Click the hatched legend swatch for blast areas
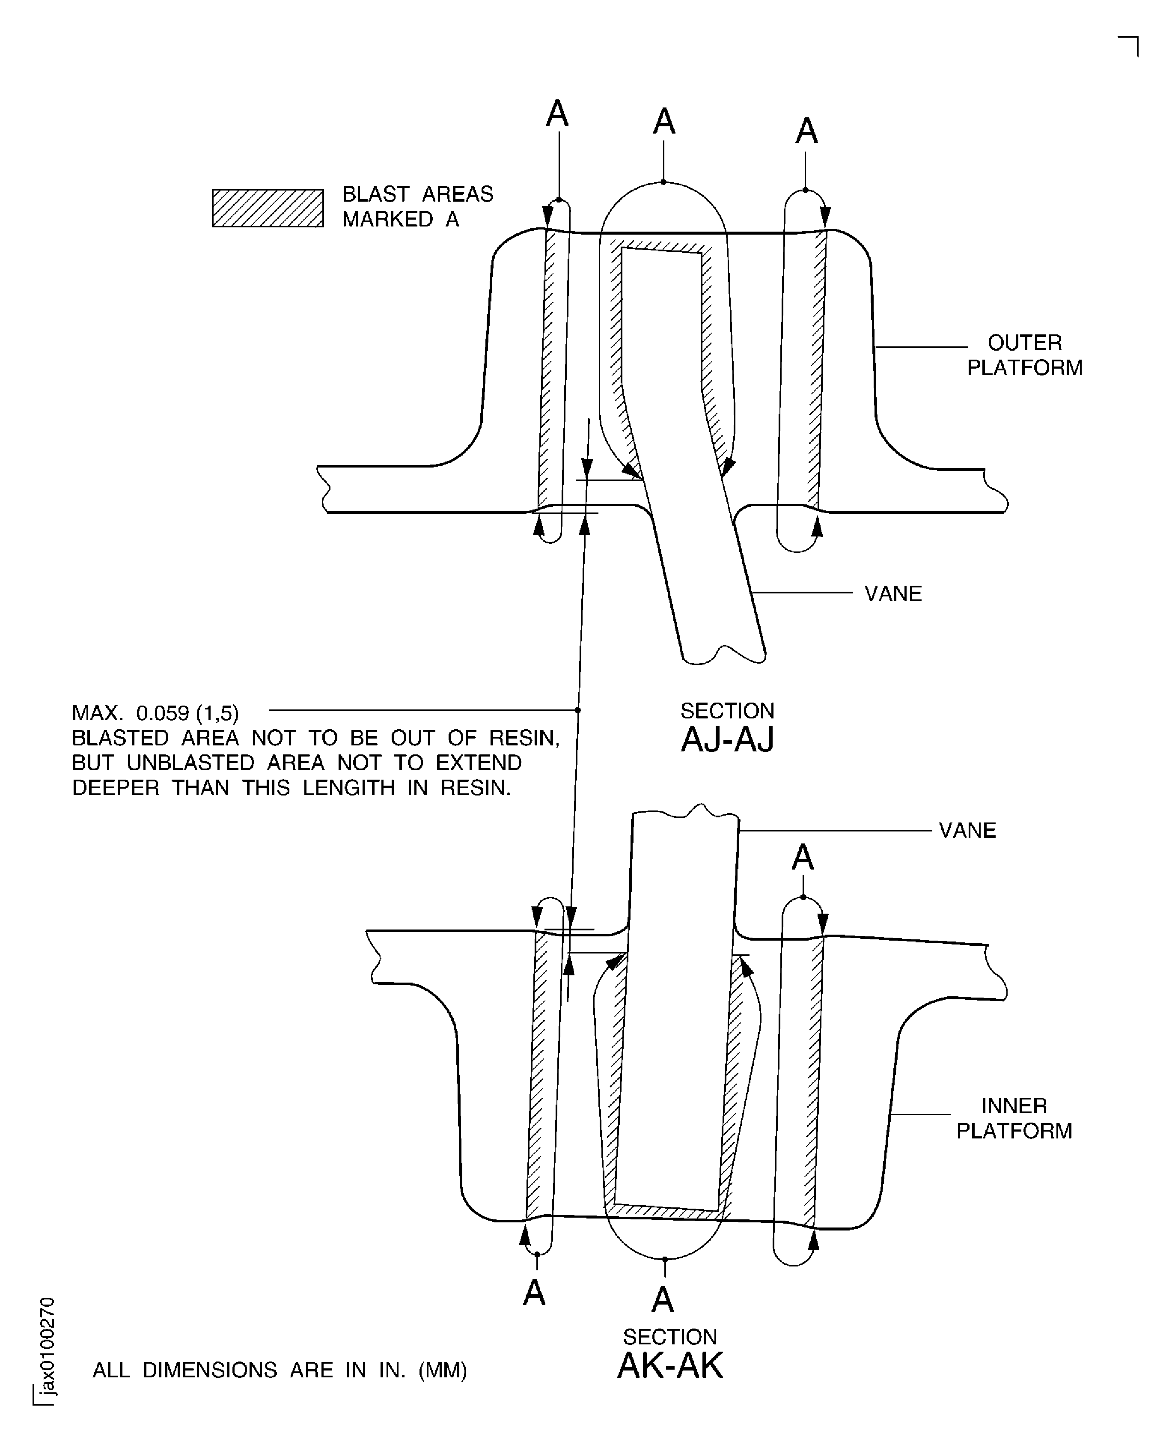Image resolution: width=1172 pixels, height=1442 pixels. pos(268,208)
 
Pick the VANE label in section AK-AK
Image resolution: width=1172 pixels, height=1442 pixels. pos(967,830)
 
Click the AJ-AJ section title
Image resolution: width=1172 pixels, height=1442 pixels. pos(727,740)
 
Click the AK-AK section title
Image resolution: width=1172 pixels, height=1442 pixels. pos(670,1366)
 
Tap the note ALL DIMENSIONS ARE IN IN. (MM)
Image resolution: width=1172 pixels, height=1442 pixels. pos(280,1370)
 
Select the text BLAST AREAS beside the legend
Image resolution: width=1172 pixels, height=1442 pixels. pos(417,194)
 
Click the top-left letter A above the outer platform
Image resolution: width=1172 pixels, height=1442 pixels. pos(557,113)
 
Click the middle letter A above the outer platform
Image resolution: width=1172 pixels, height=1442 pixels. pos(664,122)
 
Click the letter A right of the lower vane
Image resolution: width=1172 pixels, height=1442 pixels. pos(802,858)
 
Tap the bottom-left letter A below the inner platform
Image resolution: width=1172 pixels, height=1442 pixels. pos(534,1293)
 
